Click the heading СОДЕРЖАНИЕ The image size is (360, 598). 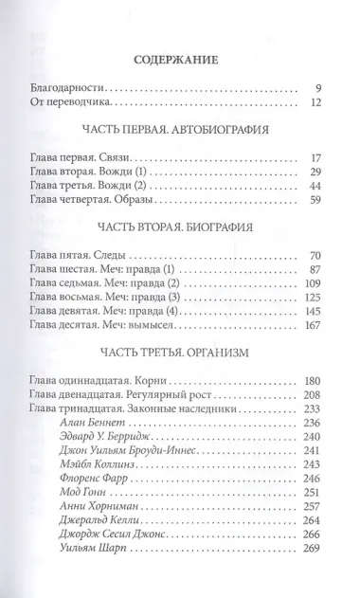coord(180,59)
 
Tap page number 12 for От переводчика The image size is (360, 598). coord(317,100)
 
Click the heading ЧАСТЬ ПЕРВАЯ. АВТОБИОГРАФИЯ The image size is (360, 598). coord(179,130)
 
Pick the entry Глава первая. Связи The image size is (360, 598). coord(88,157)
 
